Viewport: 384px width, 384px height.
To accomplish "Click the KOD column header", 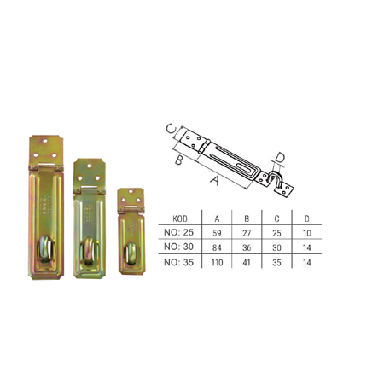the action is click(180, 218).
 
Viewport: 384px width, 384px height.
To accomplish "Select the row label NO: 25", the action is click(178, 232).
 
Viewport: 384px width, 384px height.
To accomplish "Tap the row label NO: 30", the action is click(178, 247).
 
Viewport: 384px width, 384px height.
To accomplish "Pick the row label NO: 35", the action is click(178, 262).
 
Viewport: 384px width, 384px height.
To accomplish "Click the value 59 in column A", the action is click(217, 233).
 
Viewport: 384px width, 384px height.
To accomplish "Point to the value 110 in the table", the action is click(217, 263).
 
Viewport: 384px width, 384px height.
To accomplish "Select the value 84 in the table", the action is click(217, 247).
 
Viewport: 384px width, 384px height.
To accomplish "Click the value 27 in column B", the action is click(247, 233).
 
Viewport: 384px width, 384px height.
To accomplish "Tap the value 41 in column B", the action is click(247, 263).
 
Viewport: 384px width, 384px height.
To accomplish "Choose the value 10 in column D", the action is click(306, 233).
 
